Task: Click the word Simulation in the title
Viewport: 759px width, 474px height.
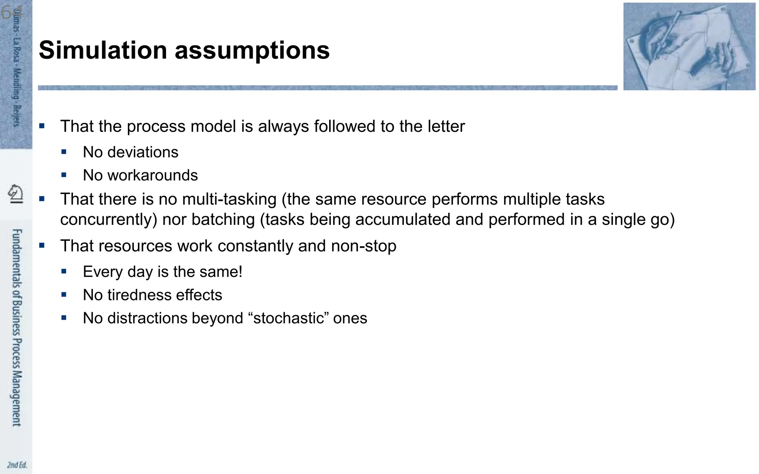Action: coord(103,50)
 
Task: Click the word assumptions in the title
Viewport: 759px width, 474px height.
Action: coord(252,50)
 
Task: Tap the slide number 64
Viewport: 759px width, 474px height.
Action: coord(11,13)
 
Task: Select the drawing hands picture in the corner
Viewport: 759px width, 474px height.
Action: coord(689,46)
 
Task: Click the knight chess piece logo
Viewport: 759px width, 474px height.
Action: coord(16,193)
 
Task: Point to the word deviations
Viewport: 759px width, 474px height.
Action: coord(143,152)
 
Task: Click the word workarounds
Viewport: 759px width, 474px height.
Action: coord(153,175)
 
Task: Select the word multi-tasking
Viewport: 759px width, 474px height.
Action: coord(229,199)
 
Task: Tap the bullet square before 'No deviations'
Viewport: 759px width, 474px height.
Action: coord(64,152)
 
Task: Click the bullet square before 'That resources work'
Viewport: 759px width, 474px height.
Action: coord(42,245)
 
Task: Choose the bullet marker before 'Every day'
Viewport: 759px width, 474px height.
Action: coord(64,271)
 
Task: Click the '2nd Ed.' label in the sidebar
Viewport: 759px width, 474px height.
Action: coord(17,465)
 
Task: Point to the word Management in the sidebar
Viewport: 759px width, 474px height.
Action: coord(17,398)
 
